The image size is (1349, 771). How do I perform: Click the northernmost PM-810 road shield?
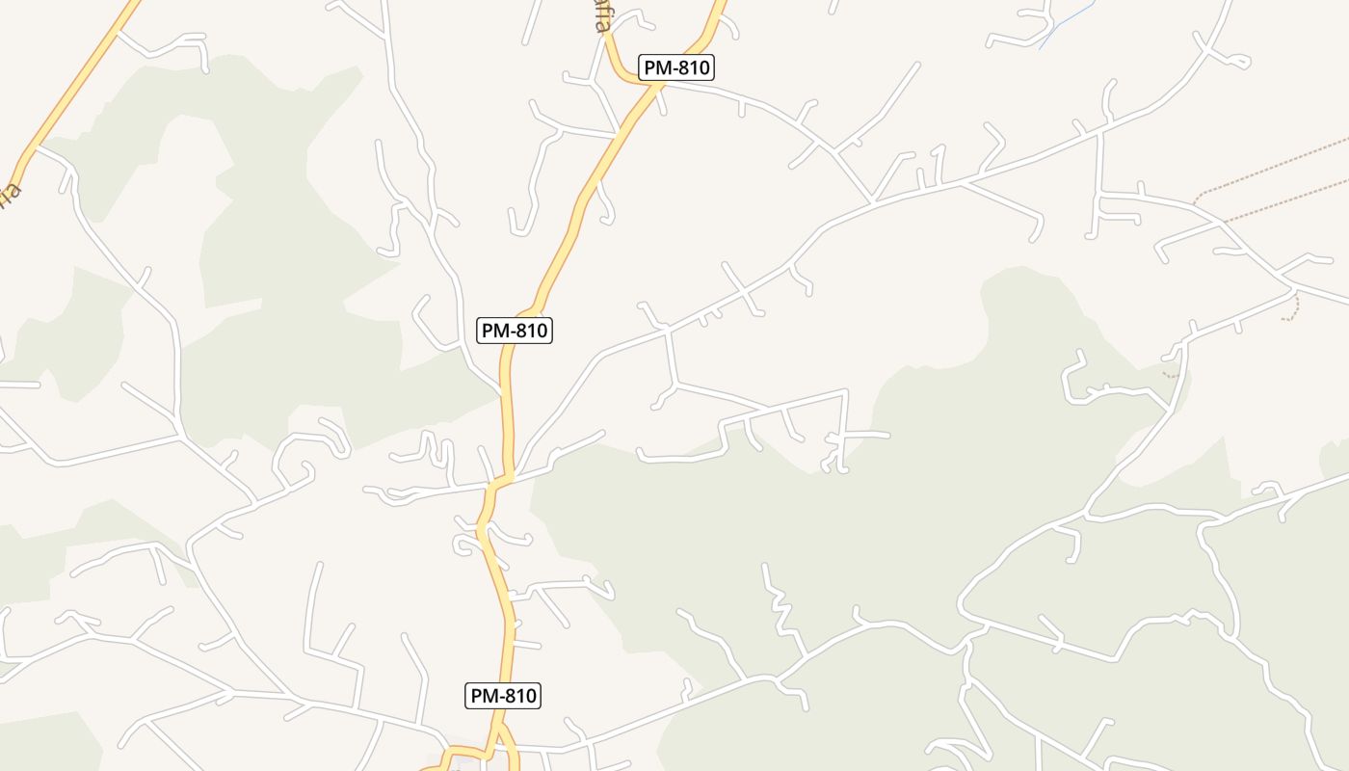pos(676,67)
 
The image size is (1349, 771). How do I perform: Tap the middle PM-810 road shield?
pos(515,331)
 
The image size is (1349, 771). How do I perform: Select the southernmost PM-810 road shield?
pos(503,695)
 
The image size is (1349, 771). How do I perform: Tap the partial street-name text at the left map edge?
pos(10,193)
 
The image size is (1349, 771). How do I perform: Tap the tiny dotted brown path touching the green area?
pos(1172,374)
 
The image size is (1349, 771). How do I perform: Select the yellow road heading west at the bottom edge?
pos(434,768)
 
